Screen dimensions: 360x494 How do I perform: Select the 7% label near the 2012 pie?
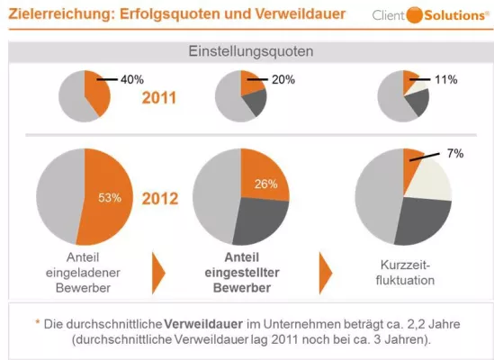pos(454,154)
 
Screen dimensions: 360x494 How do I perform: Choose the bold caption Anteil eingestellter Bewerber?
pos(236,270)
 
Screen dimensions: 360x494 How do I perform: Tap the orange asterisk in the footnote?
pos(38,321)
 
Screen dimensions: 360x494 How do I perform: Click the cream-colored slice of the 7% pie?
pos(432,180)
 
